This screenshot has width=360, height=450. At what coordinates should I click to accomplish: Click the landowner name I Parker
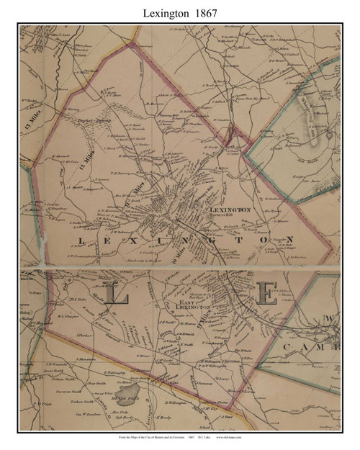(x=61, y=334)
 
